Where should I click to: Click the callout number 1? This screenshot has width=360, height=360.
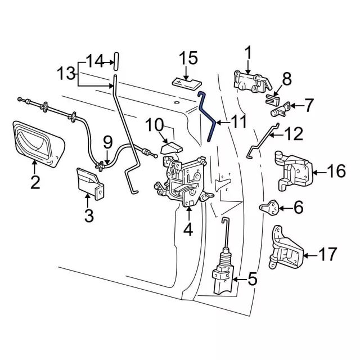247,55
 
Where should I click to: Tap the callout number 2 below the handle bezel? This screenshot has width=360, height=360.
35,182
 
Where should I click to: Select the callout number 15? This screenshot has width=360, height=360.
188,58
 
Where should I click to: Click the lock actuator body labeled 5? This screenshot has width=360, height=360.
224,278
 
